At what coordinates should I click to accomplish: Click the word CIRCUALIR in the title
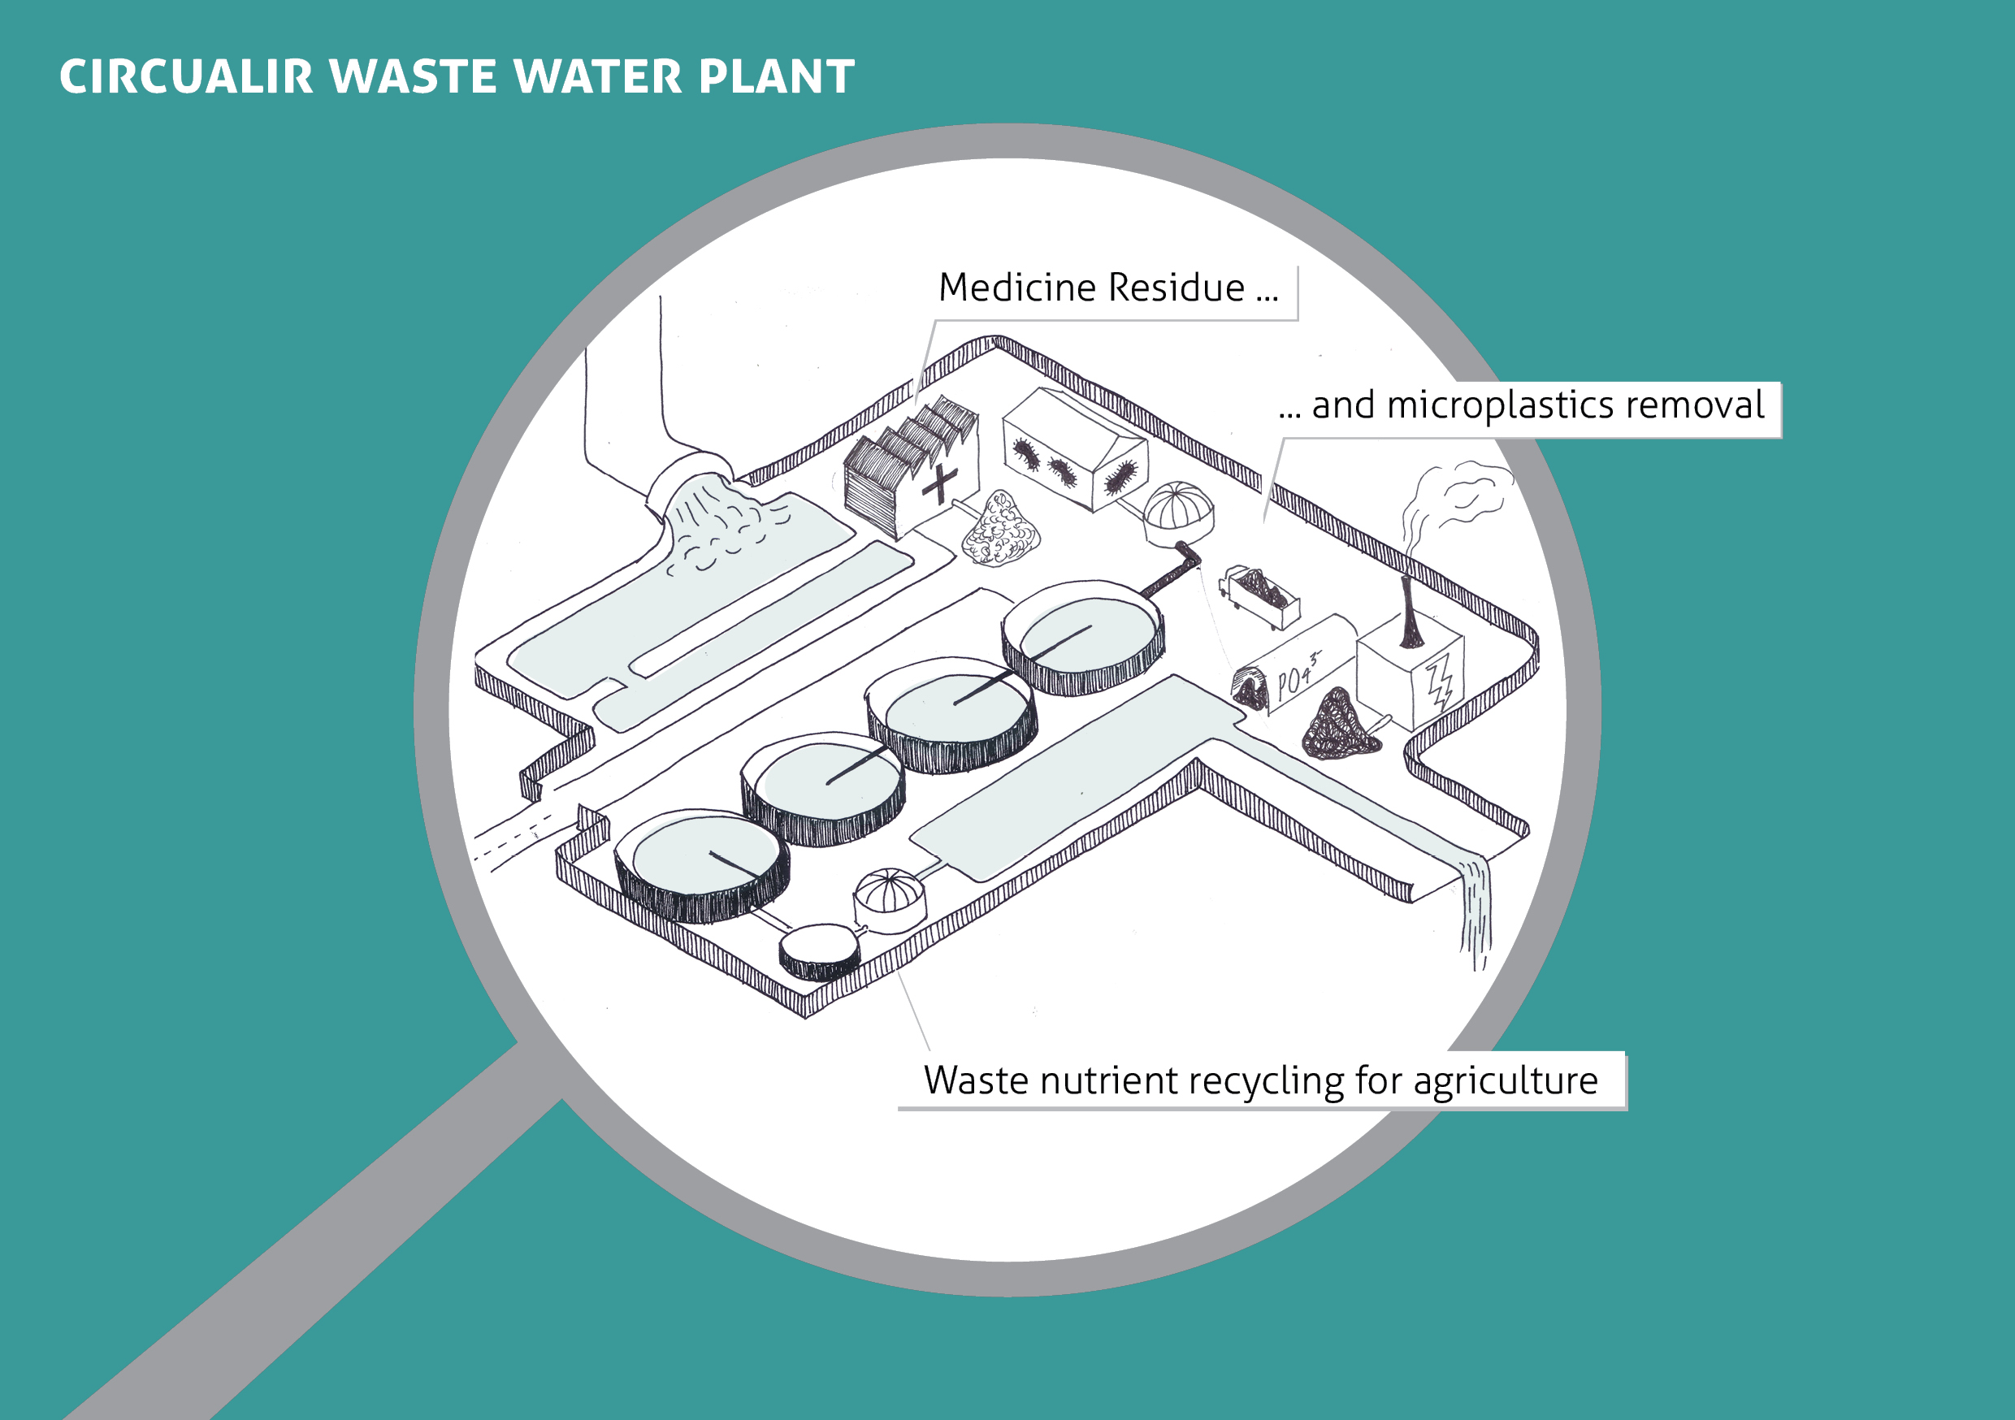pos(186,76)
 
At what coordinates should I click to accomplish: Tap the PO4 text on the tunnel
pos(1296,678)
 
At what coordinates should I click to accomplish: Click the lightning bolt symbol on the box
pos(1439,683)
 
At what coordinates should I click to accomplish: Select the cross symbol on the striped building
pos(940,483)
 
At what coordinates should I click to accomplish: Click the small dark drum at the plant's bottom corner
pos(820,951)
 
